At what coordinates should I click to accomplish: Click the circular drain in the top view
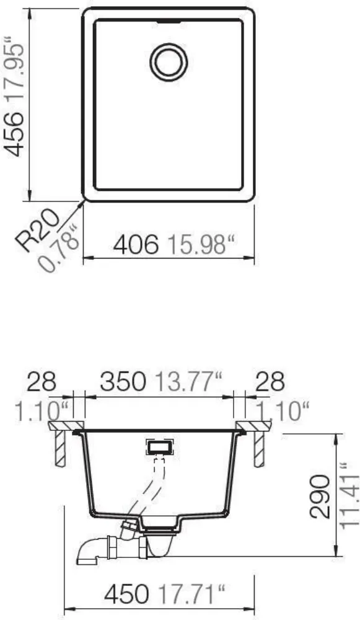pyautogui.click(x=169, y=62)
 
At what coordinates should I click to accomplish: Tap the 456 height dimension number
pyautogui.click(x=13, y=134)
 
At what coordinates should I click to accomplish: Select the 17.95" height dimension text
pyautogui.click(x=13, y=70)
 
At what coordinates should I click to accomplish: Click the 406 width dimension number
pyautogui.click(x=136, y=245)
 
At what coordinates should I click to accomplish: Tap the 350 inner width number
pyautogui.click(x=123, y=382)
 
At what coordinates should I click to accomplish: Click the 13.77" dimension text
pyautogui.click(x=188, y=382)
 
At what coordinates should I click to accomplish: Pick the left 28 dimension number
pyautogui.click(x=42, y=382)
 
